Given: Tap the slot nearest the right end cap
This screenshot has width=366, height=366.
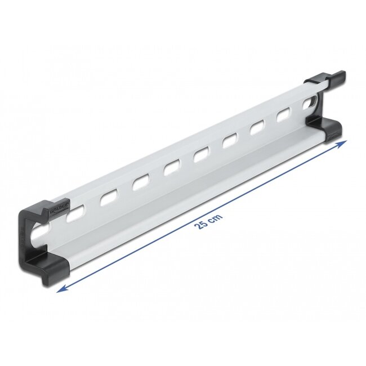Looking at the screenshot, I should pyautogui.click(x=309, y=104).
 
